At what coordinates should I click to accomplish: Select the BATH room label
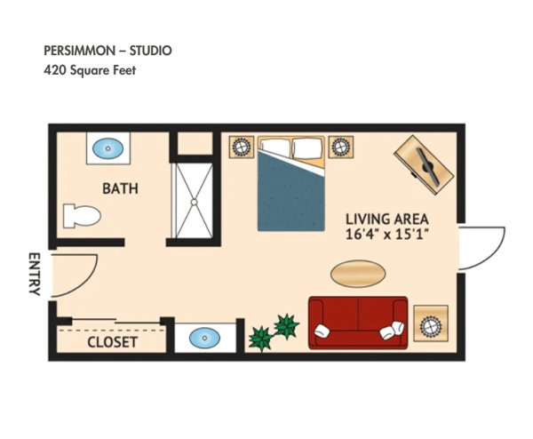[x=120, y=188]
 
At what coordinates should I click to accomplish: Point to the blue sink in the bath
[x=108, y=148]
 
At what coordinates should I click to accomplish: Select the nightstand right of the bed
[x=339, y=147]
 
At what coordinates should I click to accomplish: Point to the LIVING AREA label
[x=387, y=219]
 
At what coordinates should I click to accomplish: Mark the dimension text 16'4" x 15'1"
[x=387, y=235]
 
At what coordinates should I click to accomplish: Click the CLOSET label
[x=112, y=341]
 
